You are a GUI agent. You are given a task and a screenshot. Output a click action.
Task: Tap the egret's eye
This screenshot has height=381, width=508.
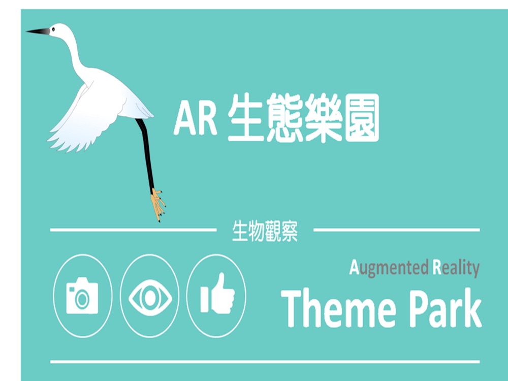pyautogui.click(x=53, y=29)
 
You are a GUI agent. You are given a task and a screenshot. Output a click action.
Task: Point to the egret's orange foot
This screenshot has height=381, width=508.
pyautogui.click(x=158, y=205)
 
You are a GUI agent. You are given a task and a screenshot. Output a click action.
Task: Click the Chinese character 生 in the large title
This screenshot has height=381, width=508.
pyautogui.click(x=245, y=118)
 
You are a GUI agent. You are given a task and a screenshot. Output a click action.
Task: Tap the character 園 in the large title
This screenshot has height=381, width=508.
pyautogui.click(x=362, y=118)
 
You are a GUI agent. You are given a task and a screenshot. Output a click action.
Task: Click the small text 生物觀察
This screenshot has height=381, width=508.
pyautogui.click(x=265, y=231)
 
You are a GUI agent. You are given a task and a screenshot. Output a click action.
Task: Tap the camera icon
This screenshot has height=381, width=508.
pyautogui.click(x=82, y=296)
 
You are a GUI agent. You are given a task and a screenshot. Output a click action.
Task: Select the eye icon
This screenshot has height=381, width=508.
pyautogui.click(x=150, y=297)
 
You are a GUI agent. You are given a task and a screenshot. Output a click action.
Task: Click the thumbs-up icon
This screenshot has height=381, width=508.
pyautogui.click(x=217, y=294)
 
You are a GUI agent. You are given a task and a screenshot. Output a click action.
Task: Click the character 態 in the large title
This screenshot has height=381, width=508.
pyautogui.click(x=284, y=118)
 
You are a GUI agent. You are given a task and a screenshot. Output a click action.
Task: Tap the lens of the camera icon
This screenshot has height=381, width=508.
pyautogui.click(x=82, y=299)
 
